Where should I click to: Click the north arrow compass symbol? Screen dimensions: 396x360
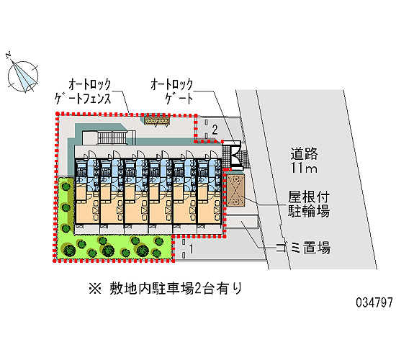pyautogui.click(x=23, y=76)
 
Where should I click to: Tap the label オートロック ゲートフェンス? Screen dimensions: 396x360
pyautogui.click(x=83, y=91)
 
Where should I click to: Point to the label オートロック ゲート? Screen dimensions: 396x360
pyautogui.click(x=172, y=91)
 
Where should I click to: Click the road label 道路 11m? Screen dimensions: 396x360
pyautogui.click(x=304, y=161)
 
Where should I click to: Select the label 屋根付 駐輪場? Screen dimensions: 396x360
pyautogui.click(x=309, y=204)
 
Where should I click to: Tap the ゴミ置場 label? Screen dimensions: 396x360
pyautogui.click(x=303, y=248)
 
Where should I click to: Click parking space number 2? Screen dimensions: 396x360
pyautogui.click(x=215, y=130)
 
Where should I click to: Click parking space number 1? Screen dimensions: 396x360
pyautogui.click(x=192, y=248)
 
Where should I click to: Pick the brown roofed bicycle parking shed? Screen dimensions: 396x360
pyautogui.click(x=235, y=191)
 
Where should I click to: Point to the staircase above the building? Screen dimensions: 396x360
pyautogui.click(x=112, y=138)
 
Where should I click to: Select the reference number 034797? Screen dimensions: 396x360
pyautogui.click(x=374, y=302)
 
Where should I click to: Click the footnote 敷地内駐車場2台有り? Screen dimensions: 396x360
pyautogui.click(x=176, y=289)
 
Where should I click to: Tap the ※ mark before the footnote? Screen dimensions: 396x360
pyautogui.click(x=95, y=289)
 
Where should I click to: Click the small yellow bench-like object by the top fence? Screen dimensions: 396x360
pyautogui.click(x=156, y=122)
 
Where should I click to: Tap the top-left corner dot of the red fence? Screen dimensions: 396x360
pyautogui.click(x=58, y=114)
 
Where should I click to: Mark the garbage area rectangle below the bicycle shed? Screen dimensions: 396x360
pyautogui.click(x=242, y=222)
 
